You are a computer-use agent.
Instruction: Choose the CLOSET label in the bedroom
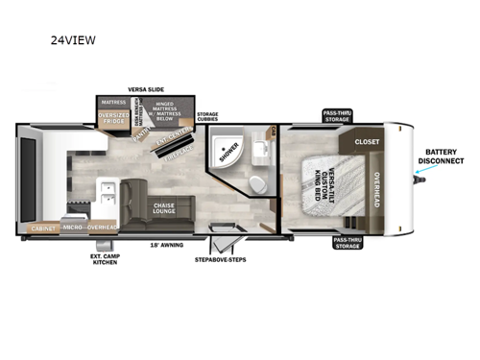pyautogui.click(x=367, y=141)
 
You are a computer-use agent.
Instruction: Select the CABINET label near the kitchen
pyautogui.click(x=41, y=228)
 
